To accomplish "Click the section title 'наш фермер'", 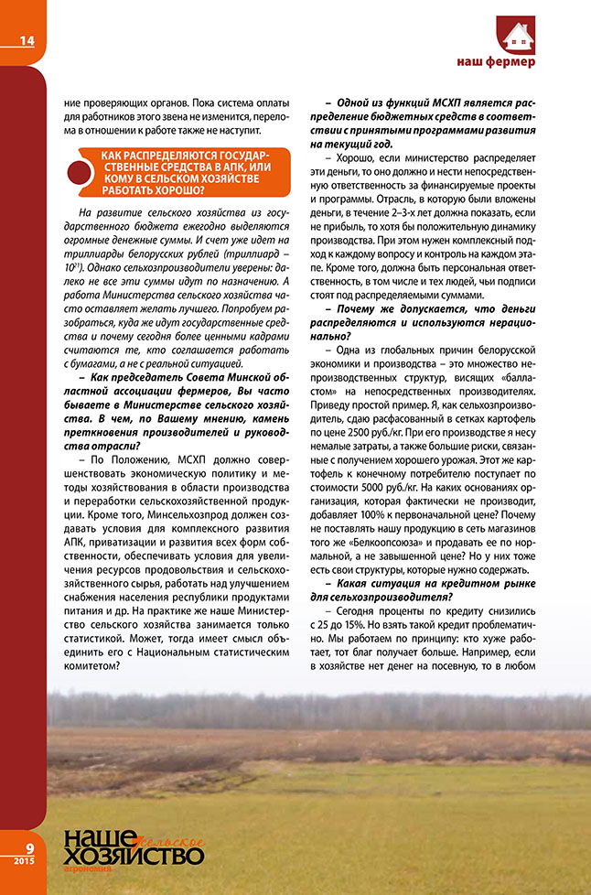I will point(496,62).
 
